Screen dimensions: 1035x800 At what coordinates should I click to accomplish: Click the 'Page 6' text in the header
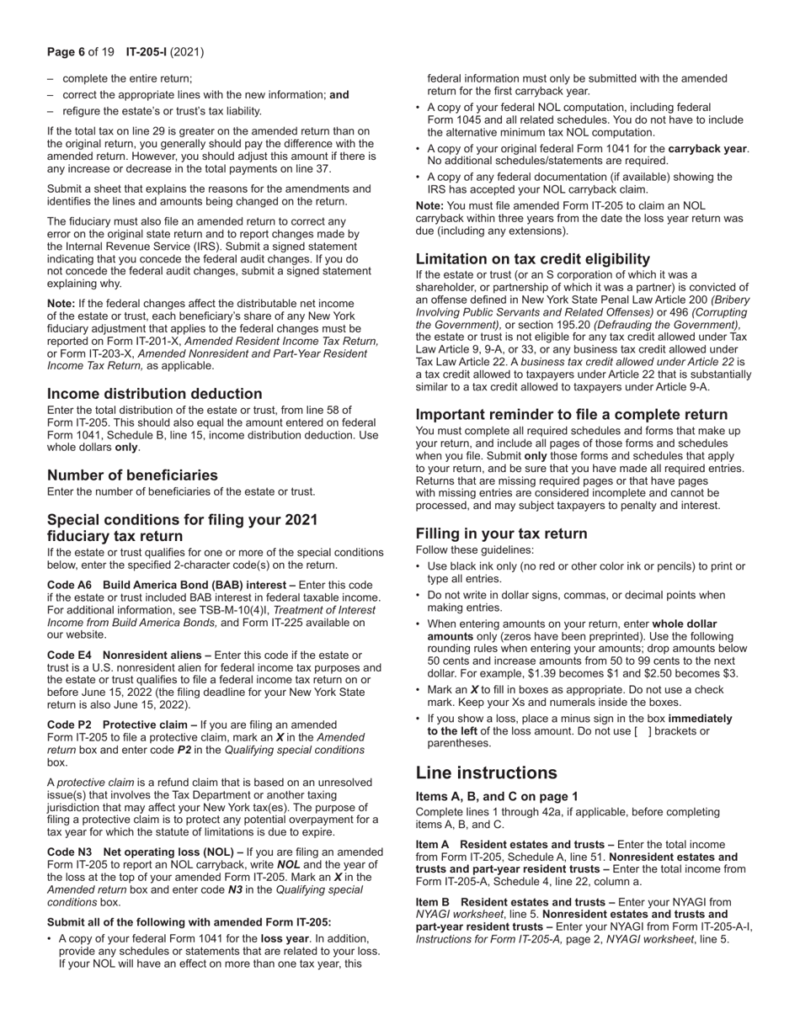(66, 52)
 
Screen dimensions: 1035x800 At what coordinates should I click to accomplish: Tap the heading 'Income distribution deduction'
(154, 394)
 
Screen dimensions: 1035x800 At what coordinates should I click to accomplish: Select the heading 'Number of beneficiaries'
(132, 475)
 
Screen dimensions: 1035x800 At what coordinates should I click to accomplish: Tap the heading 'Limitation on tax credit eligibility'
(532, 259)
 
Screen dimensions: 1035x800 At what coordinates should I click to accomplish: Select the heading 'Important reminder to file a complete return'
(571, 415)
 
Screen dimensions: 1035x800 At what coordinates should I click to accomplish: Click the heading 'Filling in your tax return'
(501, 533)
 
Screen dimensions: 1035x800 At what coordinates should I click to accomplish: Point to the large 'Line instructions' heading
(486, 773)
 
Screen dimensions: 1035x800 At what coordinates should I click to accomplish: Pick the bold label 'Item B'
(433, 902)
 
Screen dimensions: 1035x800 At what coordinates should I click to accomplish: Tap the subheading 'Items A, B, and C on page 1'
(497, 797)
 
